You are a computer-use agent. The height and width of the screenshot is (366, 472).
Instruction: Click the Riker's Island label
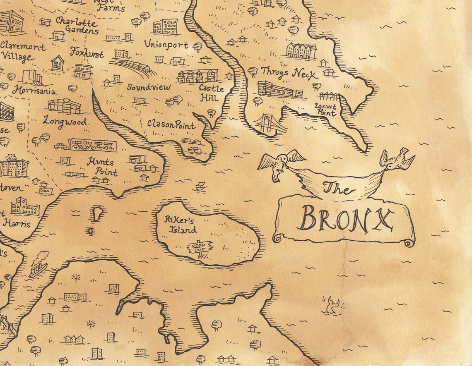tap(180, 224)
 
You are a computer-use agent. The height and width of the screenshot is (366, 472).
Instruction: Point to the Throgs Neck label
tap(289, 73)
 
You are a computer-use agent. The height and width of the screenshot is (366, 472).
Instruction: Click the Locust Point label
tap(325, 109)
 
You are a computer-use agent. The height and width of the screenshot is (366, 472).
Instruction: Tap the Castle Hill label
tap(212, 93)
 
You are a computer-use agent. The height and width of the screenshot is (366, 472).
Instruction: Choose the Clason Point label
tap(171, 124)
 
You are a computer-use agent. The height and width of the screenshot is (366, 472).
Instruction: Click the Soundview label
tap(149, 87)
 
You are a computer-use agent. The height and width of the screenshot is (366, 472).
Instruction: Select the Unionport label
tap(166, 45)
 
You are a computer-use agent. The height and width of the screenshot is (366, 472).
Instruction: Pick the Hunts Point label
tap(102, 167)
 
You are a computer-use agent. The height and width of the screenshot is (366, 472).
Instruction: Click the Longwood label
tap(65, 122)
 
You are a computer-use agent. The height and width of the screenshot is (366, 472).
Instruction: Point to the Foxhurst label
tap(87, 53)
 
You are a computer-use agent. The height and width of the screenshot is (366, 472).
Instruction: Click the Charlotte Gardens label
tap(77, 26)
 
